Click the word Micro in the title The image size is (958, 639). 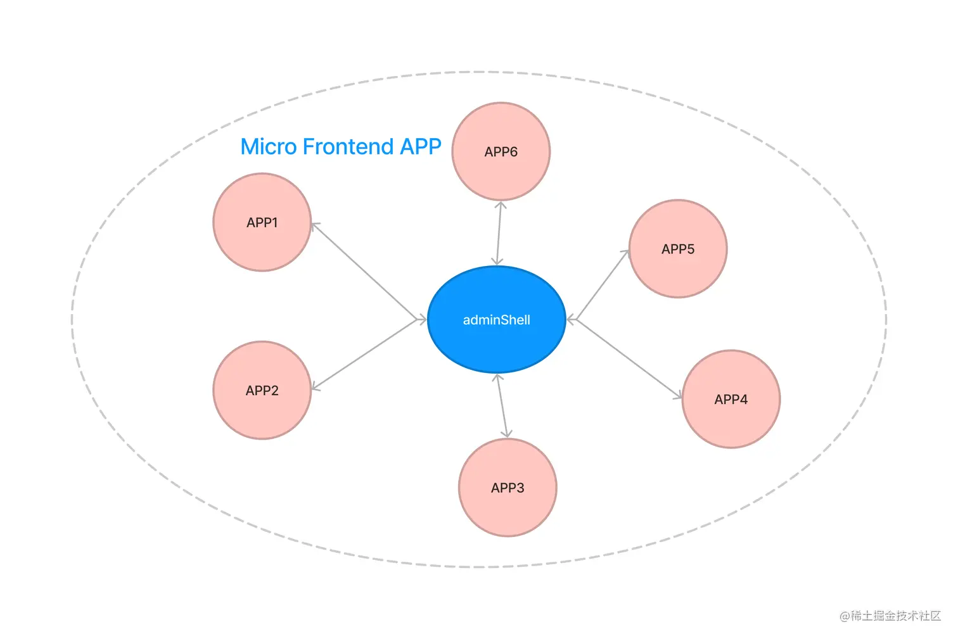[x=269, y=147]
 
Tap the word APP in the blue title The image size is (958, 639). [x=420, y=147]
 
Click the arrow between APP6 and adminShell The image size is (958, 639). [x=499, y=233]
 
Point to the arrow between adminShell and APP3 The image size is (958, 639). [x=502, y=405]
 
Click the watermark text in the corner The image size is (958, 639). [x=890, y=616]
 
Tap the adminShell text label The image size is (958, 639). [x=496, y=320]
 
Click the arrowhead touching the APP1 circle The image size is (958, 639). [x=315, y=225]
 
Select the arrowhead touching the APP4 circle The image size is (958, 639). [x=679, y=396]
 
